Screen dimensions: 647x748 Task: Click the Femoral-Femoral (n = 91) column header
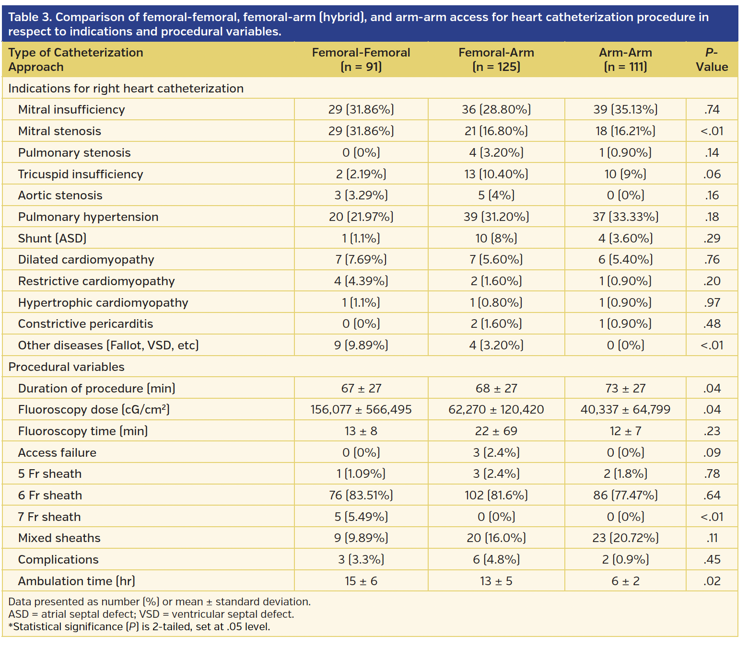click(361, 59)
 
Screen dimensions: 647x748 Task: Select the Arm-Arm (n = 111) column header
click(625, 59)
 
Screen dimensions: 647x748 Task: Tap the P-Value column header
click(712, 59)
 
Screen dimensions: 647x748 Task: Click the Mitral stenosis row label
click(59, 131)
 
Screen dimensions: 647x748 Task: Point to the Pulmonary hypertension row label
click(88, 217)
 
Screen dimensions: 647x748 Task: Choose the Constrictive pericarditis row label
click(85, 324)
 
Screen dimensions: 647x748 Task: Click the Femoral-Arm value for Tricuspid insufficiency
click(496, 174)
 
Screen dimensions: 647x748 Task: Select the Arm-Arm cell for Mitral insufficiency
click(625, 110)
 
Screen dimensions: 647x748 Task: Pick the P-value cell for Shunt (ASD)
click(712, 238)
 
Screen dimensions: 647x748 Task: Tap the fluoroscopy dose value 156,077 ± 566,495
click(361, 410)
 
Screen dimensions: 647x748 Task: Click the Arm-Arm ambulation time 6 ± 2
click(625, 581)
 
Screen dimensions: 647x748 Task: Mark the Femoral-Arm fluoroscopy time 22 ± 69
click(496, 431)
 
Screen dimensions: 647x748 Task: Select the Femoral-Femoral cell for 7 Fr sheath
click(361, 517)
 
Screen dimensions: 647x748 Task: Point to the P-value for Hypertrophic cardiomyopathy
click(712, 303)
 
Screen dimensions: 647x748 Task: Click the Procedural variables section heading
click(66, 367)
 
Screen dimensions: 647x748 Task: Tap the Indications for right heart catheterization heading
click(126, 89)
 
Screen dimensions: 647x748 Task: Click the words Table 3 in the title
click(30, 17)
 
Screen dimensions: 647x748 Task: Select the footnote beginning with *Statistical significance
click(139, 627)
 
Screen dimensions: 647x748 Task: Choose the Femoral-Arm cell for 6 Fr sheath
click(496, 495)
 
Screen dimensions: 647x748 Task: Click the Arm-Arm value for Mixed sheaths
click(625, 538)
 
